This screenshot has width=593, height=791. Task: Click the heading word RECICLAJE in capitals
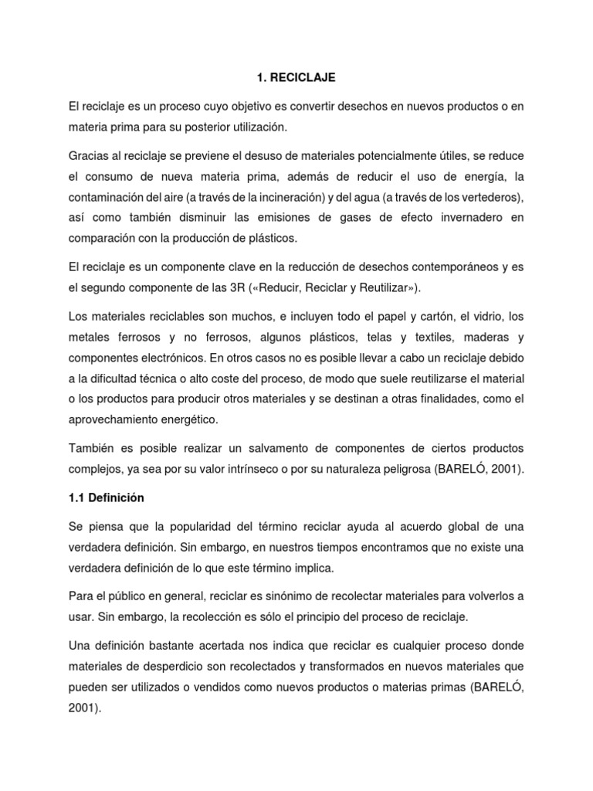point(308,78)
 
